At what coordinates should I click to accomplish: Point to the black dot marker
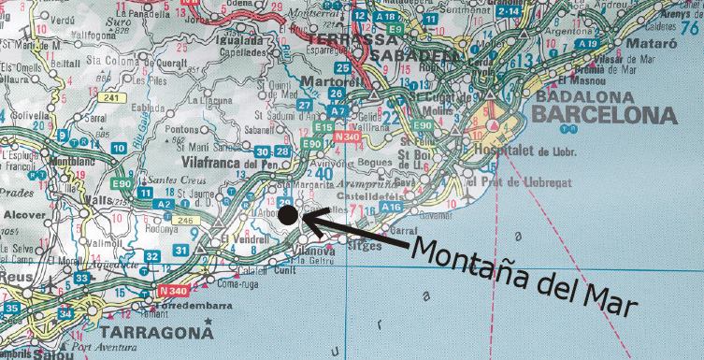[288, 216]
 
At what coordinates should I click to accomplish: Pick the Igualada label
[239, 41]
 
